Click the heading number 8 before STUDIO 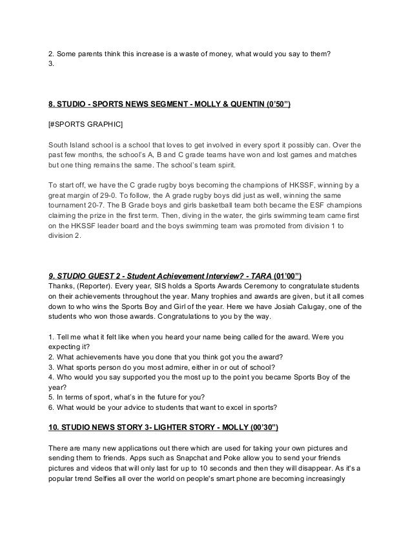pyautogui.click(x=52, y=103)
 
